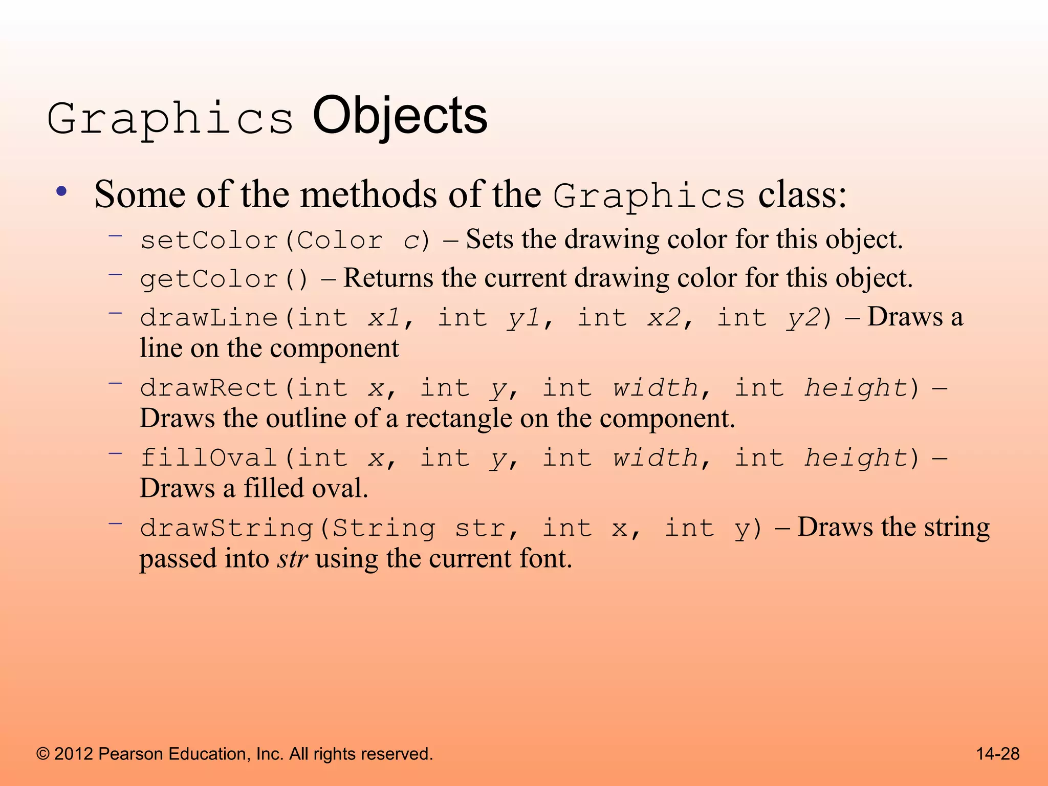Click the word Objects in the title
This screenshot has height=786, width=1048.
[400, 117]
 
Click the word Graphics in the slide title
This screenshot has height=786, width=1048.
[170, 119]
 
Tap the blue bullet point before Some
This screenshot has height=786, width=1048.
[62, 192]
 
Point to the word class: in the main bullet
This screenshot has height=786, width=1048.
[802, 194]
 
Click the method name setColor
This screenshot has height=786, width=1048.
[209, 240]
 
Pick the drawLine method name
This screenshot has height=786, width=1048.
[209, 318]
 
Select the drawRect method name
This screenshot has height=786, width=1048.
[209, 388]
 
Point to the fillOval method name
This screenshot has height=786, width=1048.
[209, 457]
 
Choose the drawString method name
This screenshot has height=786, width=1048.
[226, 528]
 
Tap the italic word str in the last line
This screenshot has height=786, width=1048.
[292, 558]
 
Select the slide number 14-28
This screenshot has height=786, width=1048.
[998, 754]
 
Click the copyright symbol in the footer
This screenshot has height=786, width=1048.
[43, 754]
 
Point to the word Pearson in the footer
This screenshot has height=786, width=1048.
[130, 754]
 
